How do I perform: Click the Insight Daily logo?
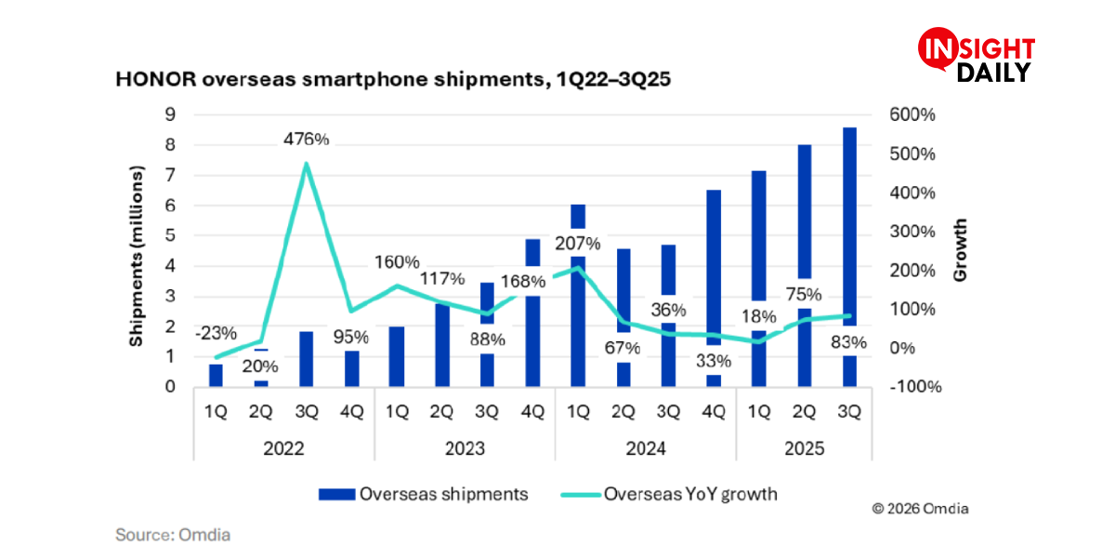click(x=977, y=57)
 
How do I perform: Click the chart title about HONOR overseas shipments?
click(x=393, y=80)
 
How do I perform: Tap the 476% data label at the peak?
click(x=306, y=139)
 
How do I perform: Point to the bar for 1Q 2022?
click(x=216, y=374)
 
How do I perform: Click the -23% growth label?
click(x=216, y=333)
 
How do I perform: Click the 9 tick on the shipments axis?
click(x=171, y=114)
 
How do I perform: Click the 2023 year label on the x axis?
click(x=465, y=447)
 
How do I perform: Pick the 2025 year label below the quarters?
click(x=804, y=447)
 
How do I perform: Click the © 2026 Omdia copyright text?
click(x=920, y=509)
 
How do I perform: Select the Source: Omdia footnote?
click(x=173, y=535)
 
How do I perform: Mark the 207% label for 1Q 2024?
click(x=578, y=245)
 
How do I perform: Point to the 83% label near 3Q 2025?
click(x=848, y=342)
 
